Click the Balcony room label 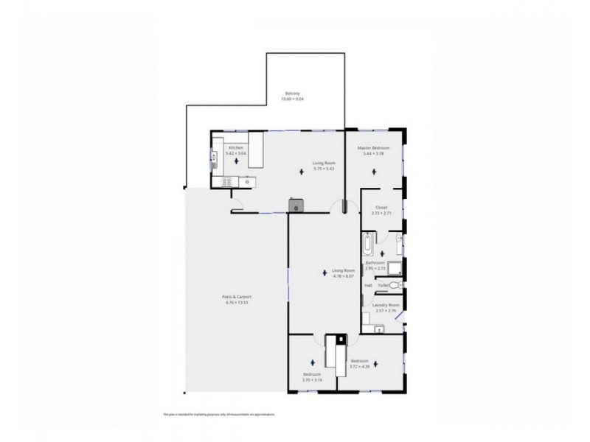293,94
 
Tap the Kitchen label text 235,148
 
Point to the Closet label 381,208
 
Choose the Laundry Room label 386,305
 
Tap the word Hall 368,285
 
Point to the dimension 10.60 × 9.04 293,99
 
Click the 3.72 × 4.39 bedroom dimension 359,365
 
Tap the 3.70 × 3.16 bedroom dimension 312,379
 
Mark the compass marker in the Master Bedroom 376,172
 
